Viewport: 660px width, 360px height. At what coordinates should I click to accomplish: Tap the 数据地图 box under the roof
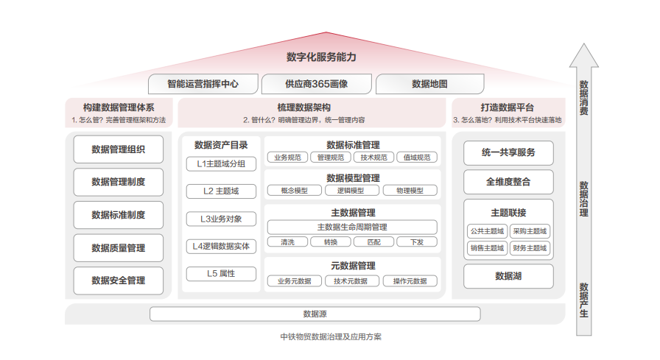429,84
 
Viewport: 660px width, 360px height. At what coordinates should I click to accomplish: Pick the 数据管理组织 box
118,149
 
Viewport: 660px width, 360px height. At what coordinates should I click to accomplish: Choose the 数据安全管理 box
118,280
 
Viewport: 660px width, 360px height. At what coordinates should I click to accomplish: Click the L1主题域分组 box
221,163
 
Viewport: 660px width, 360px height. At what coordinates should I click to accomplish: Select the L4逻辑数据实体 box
221,247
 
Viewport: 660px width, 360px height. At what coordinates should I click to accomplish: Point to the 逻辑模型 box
351,191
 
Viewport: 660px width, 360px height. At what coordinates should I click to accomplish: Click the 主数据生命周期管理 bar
351,227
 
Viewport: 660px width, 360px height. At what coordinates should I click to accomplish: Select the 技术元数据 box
351,280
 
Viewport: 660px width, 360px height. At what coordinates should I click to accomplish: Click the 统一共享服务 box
508,152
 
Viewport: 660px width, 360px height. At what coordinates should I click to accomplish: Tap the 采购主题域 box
530,231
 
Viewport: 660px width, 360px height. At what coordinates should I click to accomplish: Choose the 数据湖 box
508,276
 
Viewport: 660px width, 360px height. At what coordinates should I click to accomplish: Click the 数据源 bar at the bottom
315,314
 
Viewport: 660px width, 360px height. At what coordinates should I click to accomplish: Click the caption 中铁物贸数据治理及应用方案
331,337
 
